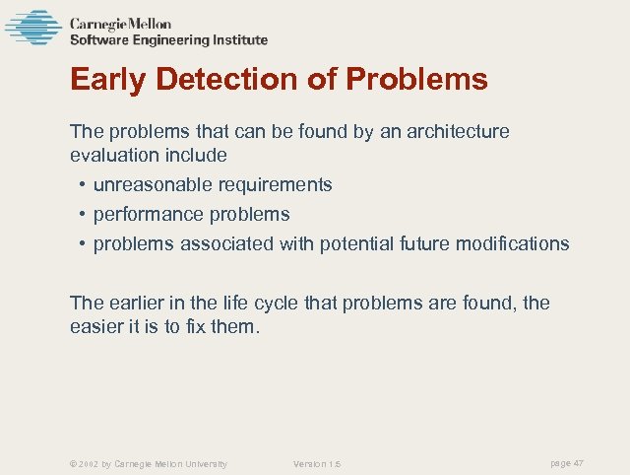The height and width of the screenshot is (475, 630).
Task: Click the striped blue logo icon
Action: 32,28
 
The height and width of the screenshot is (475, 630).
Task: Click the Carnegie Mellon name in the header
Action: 119,23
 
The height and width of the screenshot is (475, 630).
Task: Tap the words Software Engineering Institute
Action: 168,40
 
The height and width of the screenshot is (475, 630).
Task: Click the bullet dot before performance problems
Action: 81,215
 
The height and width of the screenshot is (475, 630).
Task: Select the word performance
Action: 146,214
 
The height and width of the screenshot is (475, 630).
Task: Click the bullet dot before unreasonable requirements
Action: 81,185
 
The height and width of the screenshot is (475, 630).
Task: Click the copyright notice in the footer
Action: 149,463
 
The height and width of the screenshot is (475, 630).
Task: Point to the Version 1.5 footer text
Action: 317,463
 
